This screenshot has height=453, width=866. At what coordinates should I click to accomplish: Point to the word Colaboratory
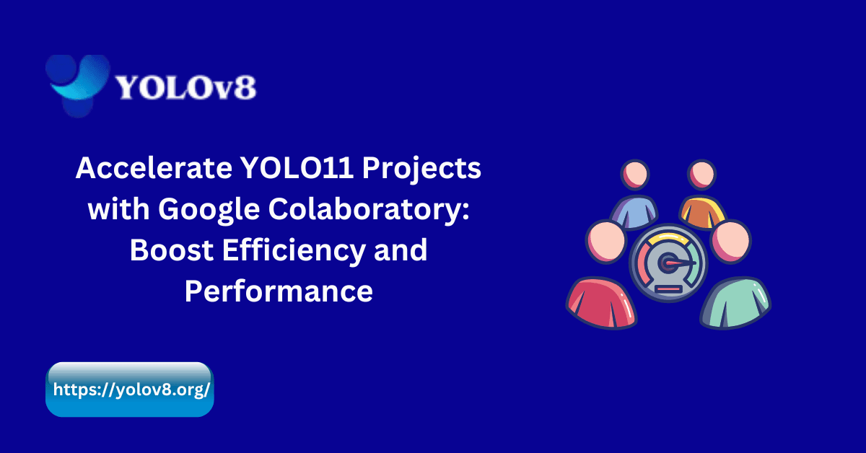coord(369,211)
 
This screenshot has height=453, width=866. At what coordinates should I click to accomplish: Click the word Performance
coord(279,291)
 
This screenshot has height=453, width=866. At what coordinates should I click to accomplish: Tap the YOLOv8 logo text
coord(185,88)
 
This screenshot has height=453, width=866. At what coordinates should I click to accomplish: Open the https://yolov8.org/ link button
coord(131,390)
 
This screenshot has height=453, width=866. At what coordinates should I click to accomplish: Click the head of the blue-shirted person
coord(635,175)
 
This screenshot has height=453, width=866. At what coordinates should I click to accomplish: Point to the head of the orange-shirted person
coord(701,175)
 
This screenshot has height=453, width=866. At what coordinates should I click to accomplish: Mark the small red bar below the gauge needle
coord(668,289)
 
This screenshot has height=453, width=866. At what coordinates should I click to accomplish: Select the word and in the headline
coord(403,251)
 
